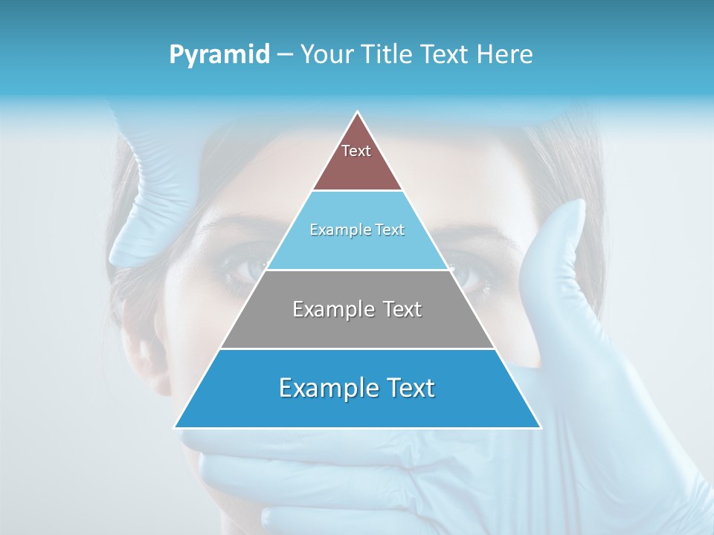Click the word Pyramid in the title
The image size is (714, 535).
click(219, 55)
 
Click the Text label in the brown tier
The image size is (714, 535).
click(356, 151)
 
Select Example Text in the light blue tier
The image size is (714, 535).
click(357, 230)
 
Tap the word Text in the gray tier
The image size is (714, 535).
click(403, 309)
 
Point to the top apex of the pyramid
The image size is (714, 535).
click(358, 112)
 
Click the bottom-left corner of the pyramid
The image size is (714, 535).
click(176, 427)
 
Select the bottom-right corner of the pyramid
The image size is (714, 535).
click(540, 427)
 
